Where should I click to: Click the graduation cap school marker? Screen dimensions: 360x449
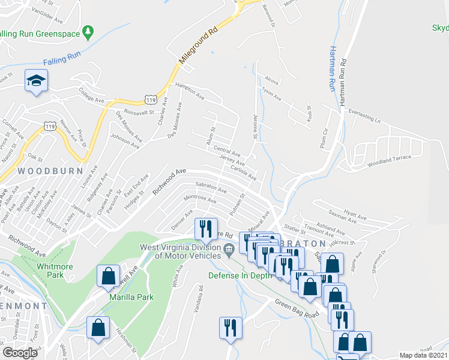[36, 80]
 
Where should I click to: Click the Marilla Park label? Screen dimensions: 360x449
[131, 297]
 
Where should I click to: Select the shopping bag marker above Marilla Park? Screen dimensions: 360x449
[108, 276]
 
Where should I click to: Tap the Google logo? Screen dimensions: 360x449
[20, 353]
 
